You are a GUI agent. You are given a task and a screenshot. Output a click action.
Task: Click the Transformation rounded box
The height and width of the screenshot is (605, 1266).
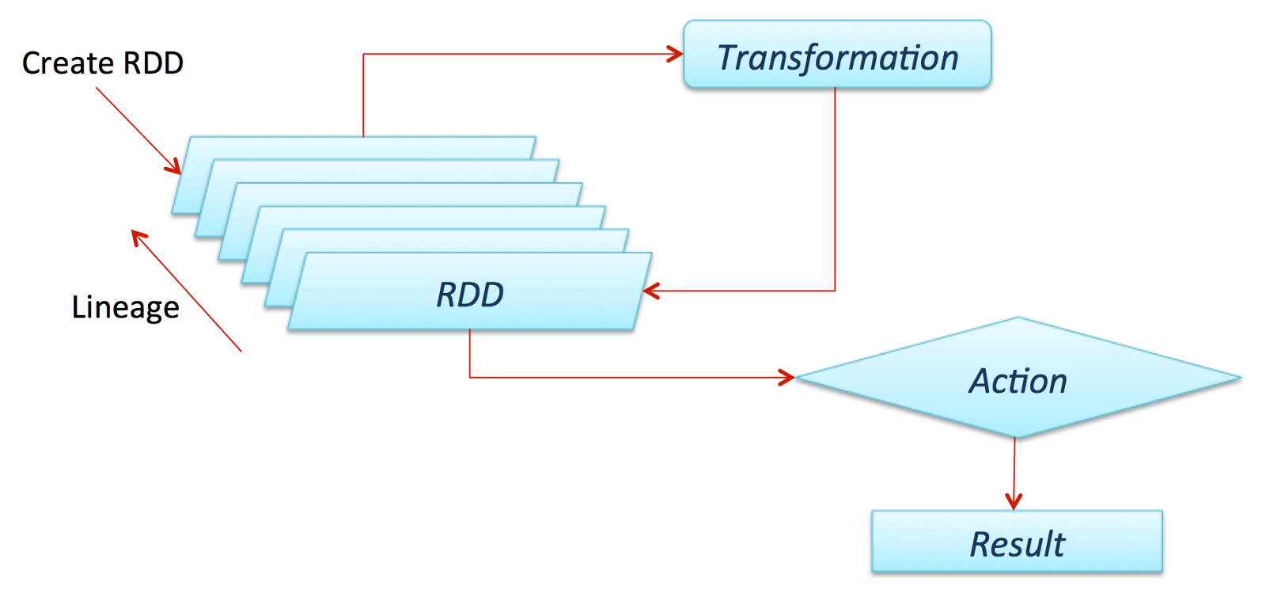pos(836,54)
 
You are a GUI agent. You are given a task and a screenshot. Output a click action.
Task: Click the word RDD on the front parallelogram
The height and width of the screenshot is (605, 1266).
pos(470,295)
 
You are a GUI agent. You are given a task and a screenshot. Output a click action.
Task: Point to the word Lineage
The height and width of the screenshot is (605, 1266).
pos(125,307)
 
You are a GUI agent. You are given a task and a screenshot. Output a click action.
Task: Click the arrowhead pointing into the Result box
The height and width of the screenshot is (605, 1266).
pos(1014,502)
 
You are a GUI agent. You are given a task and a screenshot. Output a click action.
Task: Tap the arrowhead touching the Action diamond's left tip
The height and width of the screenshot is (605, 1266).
pos(787,377)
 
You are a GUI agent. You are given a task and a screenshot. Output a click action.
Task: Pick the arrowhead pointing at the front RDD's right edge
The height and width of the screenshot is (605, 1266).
pos(650,291)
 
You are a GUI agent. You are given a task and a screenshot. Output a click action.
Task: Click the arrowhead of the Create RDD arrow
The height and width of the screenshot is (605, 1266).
pos(174,166)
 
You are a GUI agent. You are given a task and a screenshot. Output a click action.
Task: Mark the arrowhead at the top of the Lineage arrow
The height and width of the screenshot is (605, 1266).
pos(138,236)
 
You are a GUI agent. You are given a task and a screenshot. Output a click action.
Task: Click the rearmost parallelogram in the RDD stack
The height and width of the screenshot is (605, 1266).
pos(356,146)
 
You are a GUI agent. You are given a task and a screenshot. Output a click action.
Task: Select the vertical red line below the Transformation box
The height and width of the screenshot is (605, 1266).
pos(835,190)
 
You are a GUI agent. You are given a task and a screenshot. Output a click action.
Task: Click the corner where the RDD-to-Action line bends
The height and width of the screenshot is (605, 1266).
pos(470,377)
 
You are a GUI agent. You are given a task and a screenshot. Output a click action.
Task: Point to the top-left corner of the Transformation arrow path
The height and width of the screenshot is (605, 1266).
pos(363,54)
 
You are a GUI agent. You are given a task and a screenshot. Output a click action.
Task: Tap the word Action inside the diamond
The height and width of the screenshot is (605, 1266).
pos(1018,381)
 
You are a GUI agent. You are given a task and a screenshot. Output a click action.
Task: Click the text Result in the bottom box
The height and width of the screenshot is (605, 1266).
pos(1017,544)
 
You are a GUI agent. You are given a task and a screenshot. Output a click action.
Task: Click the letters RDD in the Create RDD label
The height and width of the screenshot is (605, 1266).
pos(153,63)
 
